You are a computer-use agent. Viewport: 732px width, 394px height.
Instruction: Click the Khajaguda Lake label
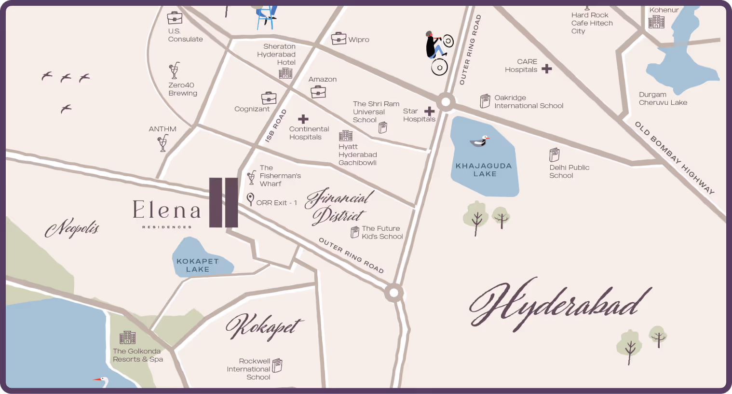point(484,169)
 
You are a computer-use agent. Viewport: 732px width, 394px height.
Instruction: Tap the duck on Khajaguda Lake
point(479,141)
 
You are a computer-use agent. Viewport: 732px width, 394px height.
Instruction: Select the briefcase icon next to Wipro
point(339,38)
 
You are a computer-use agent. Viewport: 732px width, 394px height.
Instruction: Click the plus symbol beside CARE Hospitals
point(546,69)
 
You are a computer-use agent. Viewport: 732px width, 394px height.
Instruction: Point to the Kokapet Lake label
point(198,265)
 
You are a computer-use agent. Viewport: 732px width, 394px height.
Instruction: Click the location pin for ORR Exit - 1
point(250,198)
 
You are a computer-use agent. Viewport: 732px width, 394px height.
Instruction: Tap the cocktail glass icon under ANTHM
point(163,143)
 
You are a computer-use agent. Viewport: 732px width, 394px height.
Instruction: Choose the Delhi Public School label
point(569,171)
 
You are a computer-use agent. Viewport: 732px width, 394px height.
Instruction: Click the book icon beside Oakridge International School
point(485,101)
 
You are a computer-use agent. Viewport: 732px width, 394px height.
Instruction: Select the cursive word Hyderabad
point(559,304)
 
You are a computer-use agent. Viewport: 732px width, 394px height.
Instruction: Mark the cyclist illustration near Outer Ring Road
point(438,52)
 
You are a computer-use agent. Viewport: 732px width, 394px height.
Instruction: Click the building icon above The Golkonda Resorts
point(127,337)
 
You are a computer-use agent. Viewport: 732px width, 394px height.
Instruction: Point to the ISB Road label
point(276,126)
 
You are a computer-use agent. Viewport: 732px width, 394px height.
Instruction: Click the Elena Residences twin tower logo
point(223,202)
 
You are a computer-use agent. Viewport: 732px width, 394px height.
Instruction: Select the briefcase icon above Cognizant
point(269,98)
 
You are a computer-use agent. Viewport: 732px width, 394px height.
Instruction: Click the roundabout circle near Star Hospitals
point(446,102)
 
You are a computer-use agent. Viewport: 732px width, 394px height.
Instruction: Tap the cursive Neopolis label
point(72,228)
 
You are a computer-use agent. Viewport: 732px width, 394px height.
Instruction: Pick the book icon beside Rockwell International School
point(277,366)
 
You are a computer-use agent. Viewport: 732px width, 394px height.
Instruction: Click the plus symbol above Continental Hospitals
point(303,119)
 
